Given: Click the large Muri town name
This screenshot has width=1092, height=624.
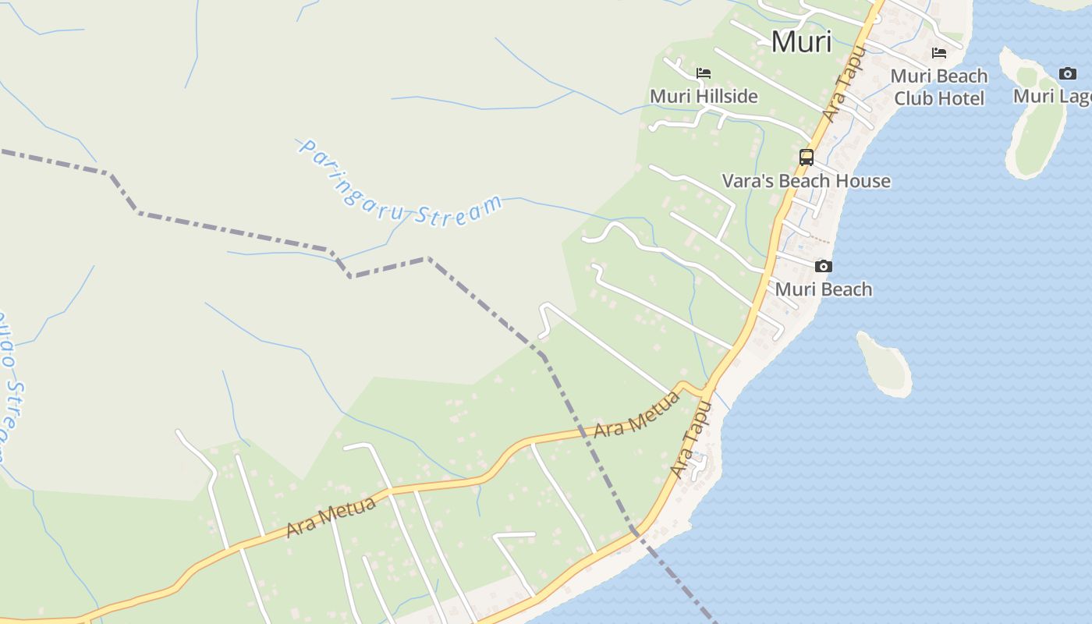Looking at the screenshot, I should (801, 41).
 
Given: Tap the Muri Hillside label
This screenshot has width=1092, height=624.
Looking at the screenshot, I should (704, 96).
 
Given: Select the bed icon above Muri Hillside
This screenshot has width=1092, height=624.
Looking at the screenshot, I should (704, 73).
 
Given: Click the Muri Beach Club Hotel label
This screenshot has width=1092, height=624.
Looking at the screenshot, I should (939, 87).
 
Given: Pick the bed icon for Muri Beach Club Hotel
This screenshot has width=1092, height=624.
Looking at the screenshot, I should (939, 53).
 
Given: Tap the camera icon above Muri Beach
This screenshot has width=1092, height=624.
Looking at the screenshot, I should (823, 266).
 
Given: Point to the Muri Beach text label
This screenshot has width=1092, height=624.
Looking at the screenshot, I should (823, 289).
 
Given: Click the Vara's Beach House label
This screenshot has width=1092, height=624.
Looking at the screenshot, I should (806, 181).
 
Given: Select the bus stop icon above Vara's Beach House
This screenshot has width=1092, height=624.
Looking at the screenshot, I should (807, 157).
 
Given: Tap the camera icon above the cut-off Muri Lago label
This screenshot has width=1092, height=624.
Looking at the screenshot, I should (1067, 73).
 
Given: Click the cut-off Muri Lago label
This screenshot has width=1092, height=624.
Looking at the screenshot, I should (1052, 96).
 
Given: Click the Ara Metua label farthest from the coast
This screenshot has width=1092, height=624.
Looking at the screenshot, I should (331, 516).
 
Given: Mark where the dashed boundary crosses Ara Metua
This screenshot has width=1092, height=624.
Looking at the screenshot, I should (583, 431).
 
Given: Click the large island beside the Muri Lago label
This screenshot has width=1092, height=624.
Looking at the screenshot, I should (1036, 117).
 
